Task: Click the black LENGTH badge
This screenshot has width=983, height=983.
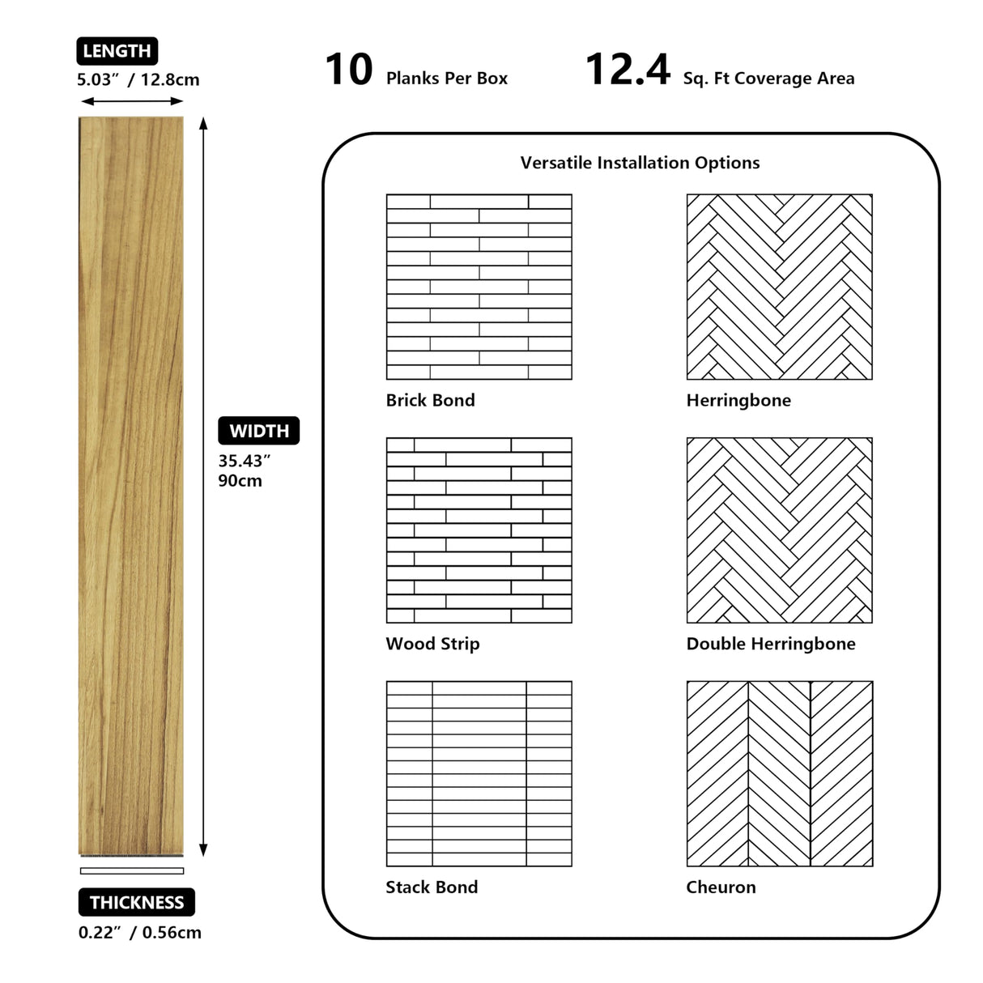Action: pyautogui.click(x=117, y=51)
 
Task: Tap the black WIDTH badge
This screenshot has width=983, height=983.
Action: pyautogui.click(x=258, y=431)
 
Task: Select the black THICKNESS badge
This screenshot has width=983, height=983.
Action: pyautogui.click(x=137, y=902)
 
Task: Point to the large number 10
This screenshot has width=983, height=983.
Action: pyautogui.click(x=349, y=70)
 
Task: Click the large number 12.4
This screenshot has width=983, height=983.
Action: pyautogui.click(x=628, y=70)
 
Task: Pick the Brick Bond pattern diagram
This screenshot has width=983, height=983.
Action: pyautogui.click(x=479, y=287)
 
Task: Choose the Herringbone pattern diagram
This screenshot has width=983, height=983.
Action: pyautogui.click(x=779, y=287)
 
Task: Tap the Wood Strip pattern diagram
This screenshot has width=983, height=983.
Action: pyautogui.click(x=479, y=530)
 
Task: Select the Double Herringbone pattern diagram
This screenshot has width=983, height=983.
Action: pyautogui.click(x=779, y=530)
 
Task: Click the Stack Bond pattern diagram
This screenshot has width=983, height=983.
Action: pyautogui.click(x=479, y=773)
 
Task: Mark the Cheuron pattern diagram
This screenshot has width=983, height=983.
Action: pyautogui.click(x=779, y=773)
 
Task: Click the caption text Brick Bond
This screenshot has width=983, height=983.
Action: pyautogui.click(x=430, y=400)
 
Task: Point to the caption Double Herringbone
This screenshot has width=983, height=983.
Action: pyautogui.click(x=770, y=644)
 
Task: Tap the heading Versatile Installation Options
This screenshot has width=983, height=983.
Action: pyautogui.click(x=640, y=163)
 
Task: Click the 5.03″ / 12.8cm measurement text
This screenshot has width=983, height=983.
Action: pyautogui.click(x=138, y=79)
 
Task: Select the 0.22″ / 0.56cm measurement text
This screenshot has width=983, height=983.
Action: pyautogui.click(x=140, y=932)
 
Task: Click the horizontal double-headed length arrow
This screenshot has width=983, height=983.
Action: pyautogui.click(x=133, y=101)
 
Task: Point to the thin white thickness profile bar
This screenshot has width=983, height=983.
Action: pyautogui.click(x=132, y=871)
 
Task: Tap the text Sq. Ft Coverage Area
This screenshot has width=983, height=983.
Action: pyautogui.click(x=768, y=79)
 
